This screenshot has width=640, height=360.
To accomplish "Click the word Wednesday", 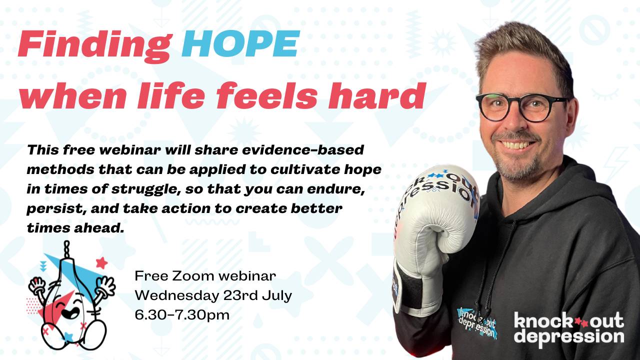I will click(x=173, y=295).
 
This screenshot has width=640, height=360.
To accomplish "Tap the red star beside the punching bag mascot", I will click(x=101, y=262).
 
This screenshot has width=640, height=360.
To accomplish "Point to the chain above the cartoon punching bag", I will click(x=65, y=248).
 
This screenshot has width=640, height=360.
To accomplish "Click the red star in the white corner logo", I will click(x=579, y=321).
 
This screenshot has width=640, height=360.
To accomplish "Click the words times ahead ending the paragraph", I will click(x=74, y=228).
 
